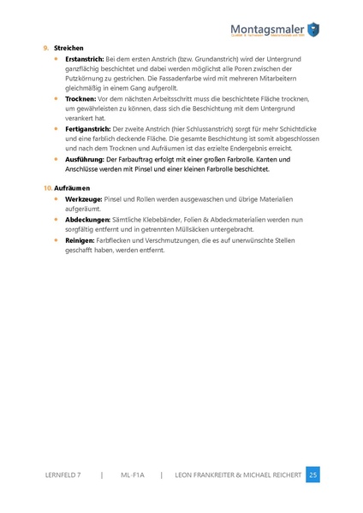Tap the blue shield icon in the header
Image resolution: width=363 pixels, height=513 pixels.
(313, 30)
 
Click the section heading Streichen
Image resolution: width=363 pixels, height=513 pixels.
(68, 48)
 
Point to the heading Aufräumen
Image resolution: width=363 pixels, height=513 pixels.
(72, 186)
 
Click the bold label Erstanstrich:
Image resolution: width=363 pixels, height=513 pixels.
(84, 59)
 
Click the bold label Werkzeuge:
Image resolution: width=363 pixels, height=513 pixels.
(83, 198)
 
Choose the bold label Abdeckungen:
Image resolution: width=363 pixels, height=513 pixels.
(88, 220)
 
